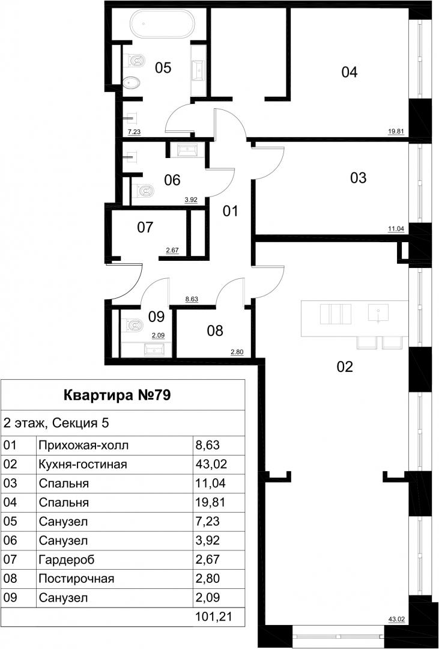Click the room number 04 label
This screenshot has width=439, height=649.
pyautogui.click(x=349, y=73)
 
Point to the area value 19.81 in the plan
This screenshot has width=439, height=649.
pyautogui.click(x=396, y=132)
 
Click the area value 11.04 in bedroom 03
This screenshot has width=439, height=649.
pyautogui.click(x=396, y=227)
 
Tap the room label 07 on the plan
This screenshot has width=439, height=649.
pyautogui.click(x=145, y=227)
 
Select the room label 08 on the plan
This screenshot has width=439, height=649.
pyautogui.click(x=215, y=331)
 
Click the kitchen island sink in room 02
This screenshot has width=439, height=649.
pyautogui.click(x=378, y=312)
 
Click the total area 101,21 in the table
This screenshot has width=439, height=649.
pyautogui.click(x=213, y=617)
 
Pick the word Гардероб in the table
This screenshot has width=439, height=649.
pyautogui.click(x=67, y=560)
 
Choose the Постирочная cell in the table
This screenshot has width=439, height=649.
pyautogui.click(x=76, y=578)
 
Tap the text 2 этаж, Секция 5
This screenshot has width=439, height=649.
pyautogui.click(x=56, y=424)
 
